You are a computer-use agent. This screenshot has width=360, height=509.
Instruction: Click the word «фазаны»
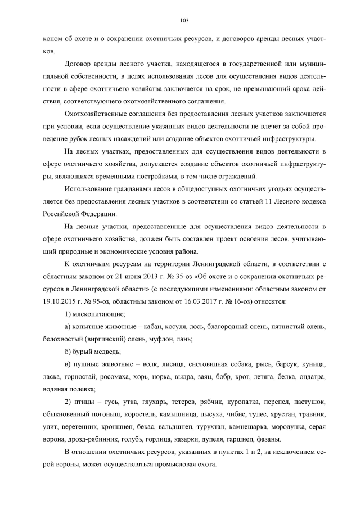268,439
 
